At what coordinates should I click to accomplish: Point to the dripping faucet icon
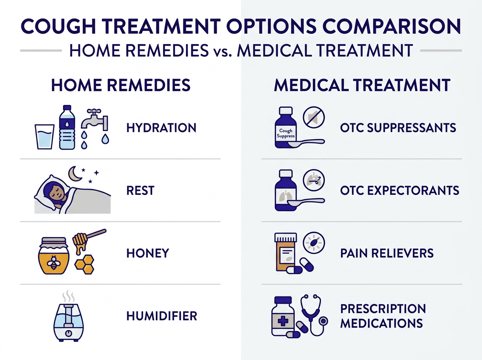point(95,121)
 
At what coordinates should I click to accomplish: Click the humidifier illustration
point(69,319)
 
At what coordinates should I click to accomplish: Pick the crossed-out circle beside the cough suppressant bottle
point(315,118)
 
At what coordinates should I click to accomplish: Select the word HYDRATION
point(161,128)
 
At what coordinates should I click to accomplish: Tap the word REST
point(140,190)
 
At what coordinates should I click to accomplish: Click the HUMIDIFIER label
point(161,316)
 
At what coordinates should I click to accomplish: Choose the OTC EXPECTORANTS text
point(399,190)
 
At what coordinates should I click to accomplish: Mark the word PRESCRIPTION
point(383,309)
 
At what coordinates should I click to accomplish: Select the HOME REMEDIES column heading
point(120,86)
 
